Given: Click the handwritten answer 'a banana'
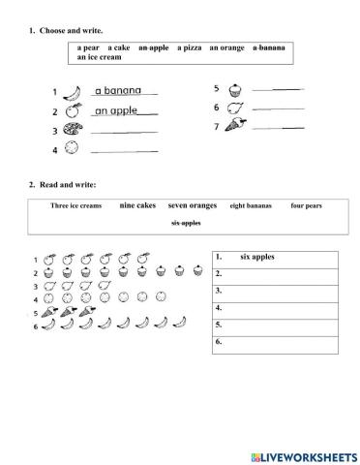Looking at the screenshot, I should click(118, 91).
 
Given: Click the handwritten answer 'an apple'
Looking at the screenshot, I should click(116, 110).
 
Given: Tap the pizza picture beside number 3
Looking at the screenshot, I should click(72, 130).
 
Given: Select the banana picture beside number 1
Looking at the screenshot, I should click(72, 93).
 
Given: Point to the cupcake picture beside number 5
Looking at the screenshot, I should click(233, 89).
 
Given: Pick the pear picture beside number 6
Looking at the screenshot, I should click(233, 108).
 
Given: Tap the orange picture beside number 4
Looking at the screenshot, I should click(72, 149).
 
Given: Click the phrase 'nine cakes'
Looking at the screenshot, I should click(137, 205).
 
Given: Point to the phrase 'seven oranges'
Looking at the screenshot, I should click(192, 205).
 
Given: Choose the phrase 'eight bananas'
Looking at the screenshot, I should click(251, 206).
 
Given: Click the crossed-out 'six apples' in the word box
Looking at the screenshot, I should click(186, 223).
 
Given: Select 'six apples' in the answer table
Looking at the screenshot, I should click(257, 257).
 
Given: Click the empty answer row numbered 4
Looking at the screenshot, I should click(274, 308).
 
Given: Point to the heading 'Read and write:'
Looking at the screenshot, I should click(69, 184).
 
